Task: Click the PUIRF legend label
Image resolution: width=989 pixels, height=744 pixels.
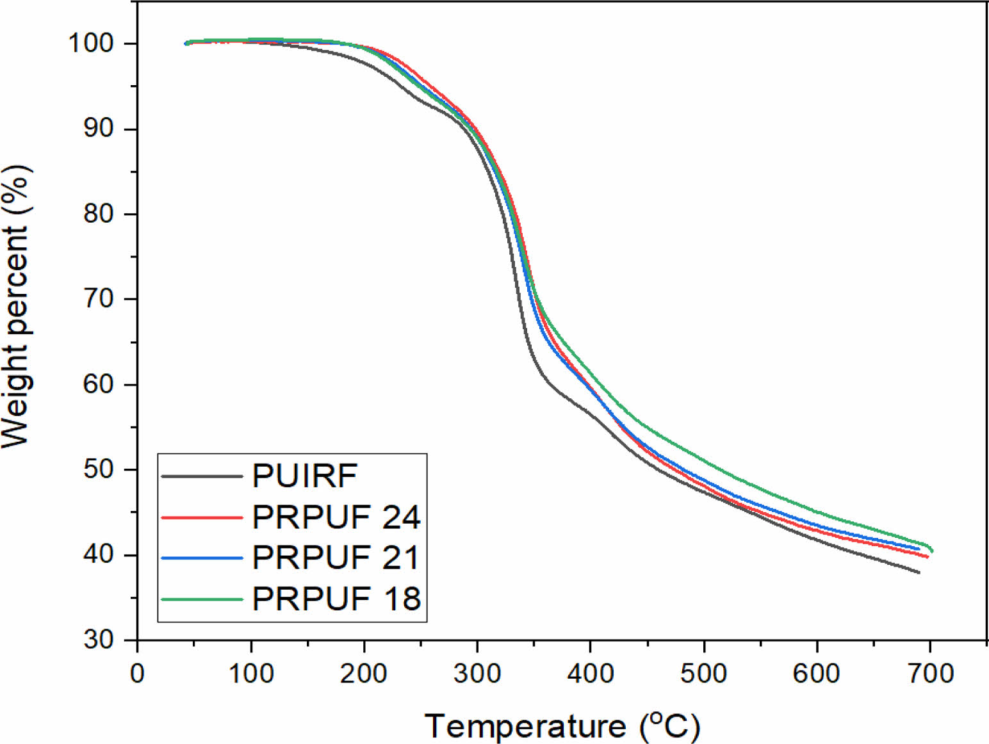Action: click(x=304, y=476)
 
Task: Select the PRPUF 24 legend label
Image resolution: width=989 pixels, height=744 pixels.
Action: click(x=336, y=517)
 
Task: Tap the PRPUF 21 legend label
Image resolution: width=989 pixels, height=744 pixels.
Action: click(x=336, y=558)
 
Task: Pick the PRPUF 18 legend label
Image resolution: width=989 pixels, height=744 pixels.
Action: click(x=336, y=599)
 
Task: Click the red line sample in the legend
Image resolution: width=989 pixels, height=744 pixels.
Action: click(x=202, y=517)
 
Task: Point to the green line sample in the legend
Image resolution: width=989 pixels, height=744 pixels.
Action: click(x=202, y=599)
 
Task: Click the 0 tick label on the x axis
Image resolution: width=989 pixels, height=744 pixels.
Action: click(x=137, y=674)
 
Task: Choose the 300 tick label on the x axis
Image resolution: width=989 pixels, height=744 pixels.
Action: click(x=477, y=674)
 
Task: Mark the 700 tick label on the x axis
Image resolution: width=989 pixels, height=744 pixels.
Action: click(x=929, y=674)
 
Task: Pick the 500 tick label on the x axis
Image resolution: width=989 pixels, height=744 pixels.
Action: click(x=703, y=674)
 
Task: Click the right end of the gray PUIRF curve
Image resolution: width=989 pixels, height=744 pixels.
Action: click(x=919, y=572)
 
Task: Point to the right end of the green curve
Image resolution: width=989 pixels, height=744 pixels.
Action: click(x=931, y=550)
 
